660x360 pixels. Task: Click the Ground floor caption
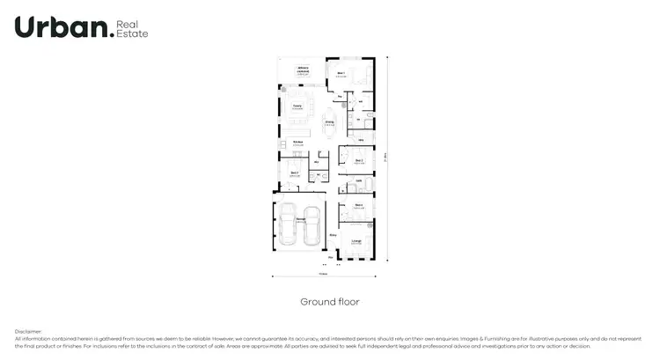tap(330, 302)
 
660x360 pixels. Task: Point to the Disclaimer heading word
tap(28, 332)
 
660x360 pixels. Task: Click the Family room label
tap(297, 107)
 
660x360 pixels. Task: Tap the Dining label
tap(329, 121)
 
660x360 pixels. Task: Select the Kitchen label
tap(297, 143)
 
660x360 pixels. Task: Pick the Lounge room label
tap(356, 239)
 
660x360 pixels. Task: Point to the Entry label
tap(333, 235)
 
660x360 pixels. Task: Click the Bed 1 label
tap(342, 73)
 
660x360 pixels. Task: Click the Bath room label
tap(359, 180)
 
